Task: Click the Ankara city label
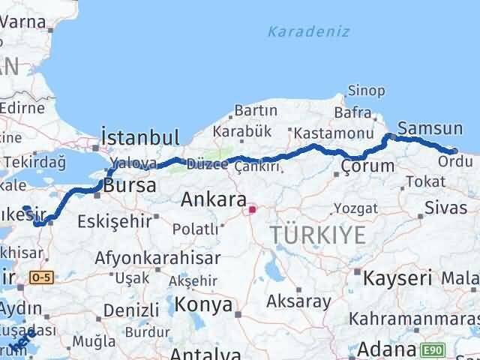214,201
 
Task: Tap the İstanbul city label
140,138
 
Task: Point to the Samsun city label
430,127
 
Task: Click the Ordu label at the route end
456,161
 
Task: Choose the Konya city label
204,304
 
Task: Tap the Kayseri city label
397,279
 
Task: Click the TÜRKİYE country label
319,235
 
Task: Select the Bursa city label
130,185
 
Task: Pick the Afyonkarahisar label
157,258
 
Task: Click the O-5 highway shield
39,277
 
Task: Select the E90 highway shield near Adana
432,349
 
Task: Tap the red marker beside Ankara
253,209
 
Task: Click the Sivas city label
445,208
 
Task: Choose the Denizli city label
131,310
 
